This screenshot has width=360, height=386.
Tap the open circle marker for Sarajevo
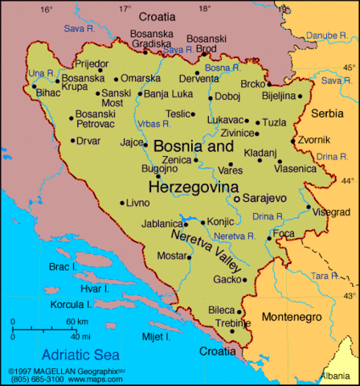coord(237,197)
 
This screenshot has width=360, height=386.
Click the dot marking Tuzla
coord(257,123)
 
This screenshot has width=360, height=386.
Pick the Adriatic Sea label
coord(80,353)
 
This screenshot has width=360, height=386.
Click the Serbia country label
coord(328,113)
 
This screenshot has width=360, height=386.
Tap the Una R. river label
coord(40,73)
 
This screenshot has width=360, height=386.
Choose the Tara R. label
coord(325,275)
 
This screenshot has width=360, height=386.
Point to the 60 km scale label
coord(77,322)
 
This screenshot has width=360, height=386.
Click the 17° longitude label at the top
coord(125,8)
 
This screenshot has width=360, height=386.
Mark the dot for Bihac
coord(34,86)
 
